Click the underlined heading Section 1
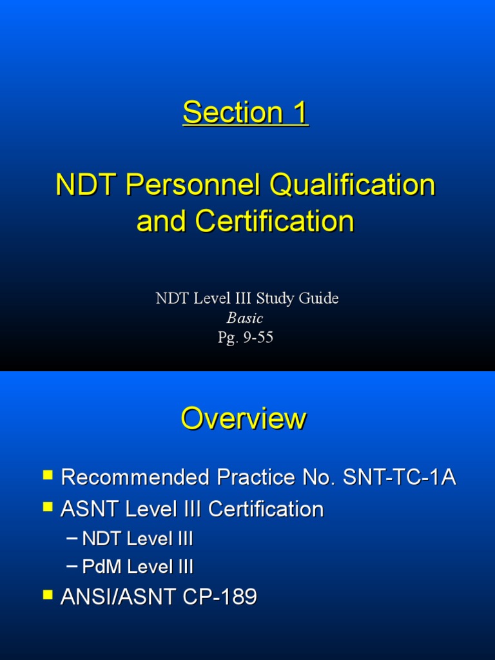coord(246,113)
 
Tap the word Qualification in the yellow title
coord(353,186)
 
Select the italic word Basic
coord(245,318)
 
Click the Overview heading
coord(244,419)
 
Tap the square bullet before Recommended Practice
coord(48,476)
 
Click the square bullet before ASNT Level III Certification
coord(48,507)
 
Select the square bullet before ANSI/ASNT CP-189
coord(48,595)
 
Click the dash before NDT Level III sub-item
coord(72,538)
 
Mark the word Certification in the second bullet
coord(266,509)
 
